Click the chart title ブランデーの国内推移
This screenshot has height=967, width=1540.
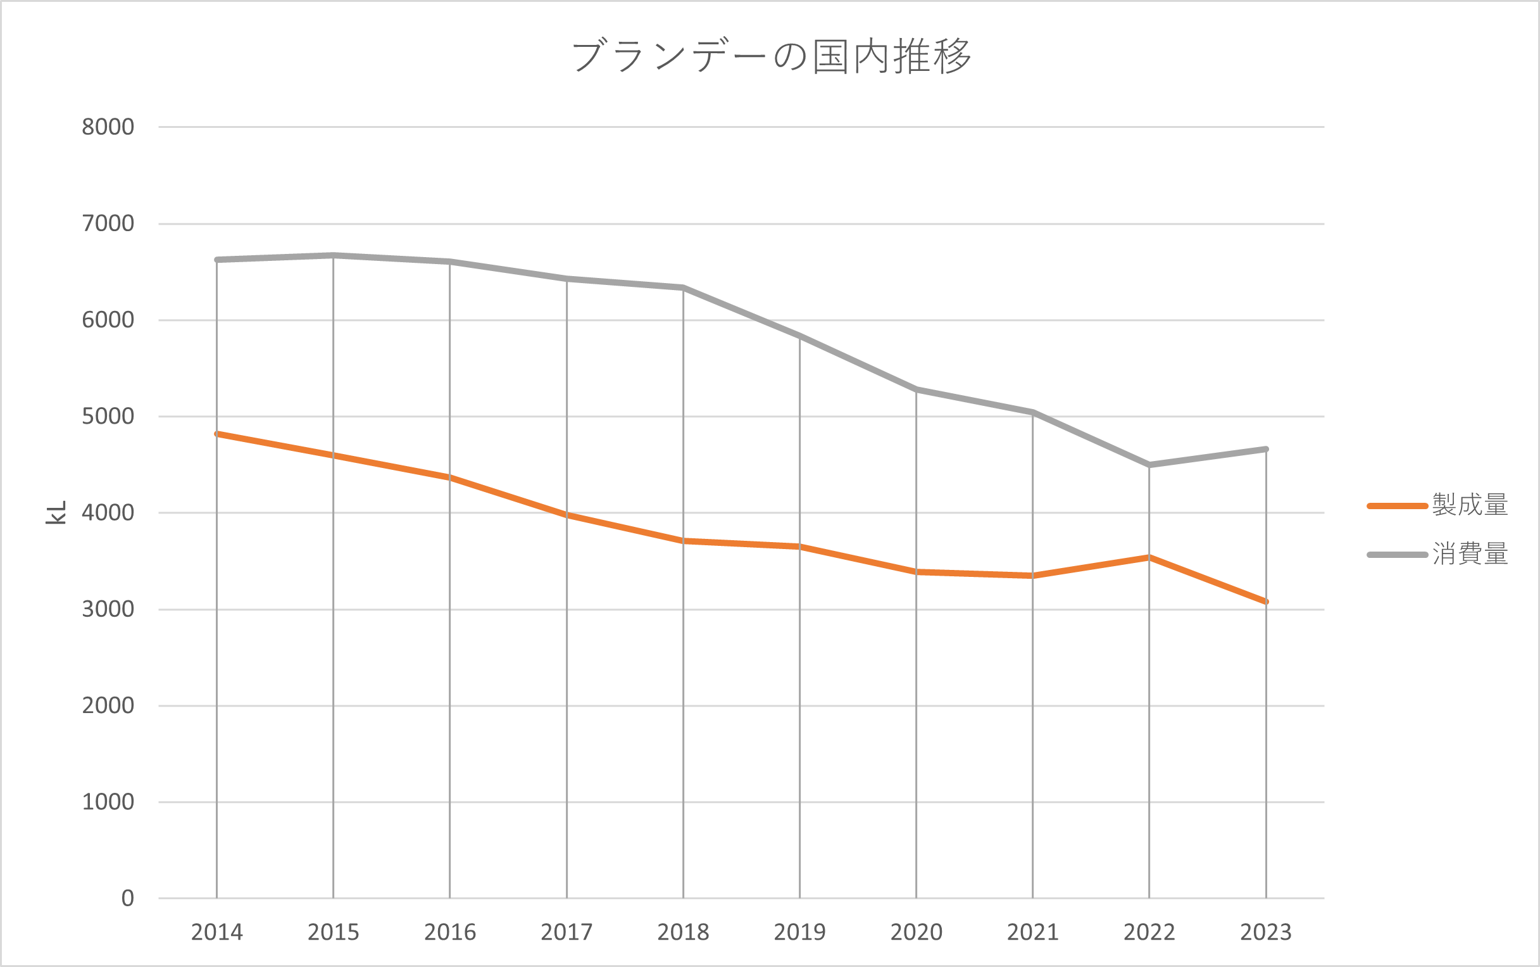pyautogui.click(x=771, y=56)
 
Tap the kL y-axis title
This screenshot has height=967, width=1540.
pyautogui.click(x=56, y=512)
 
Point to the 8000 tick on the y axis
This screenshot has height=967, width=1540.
pyautogui.click(x=108, y=127)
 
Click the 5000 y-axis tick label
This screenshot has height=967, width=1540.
pyautogui.click(x=108, y=416)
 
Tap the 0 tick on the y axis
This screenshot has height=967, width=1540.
pyautogui.click(x=128, y=899)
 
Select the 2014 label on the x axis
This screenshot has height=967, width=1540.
pyautogui.click(x=216, y=932)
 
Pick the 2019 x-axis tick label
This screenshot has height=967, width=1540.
pyautogui.click(x=799, y=932)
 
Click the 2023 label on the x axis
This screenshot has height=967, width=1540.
pyautogui.click(x=1266, y=932)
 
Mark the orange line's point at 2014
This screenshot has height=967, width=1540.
pyautogui.click(x=216, y=434)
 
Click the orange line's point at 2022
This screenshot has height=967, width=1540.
pyautogui.click(x=1149, y=557)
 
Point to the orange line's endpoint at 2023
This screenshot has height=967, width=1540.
pyautogui.click(x=1266, y=602)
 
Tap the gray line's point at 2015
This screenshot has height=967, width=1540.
pyautogui.click(x=333, y=255)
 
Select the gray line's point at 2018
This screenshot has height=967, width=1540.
pyautogui.click(x=684, y=287)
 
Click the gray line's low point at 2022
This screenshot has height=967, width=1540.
pyautogui.click(x=1149, y=465)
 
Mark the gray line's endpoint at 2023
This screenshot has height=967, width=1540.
pyautogui.click(x=1266, y=449)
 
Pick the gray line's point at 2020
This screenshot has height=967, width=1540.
pyautogui.click(x=916, y=389)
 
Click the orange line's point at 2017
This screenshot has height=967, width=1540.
pyautogui.click(x=567, y=514)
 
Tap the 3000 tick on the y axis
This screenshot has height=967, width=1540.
pyautogui.click(x=108, y=609)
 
